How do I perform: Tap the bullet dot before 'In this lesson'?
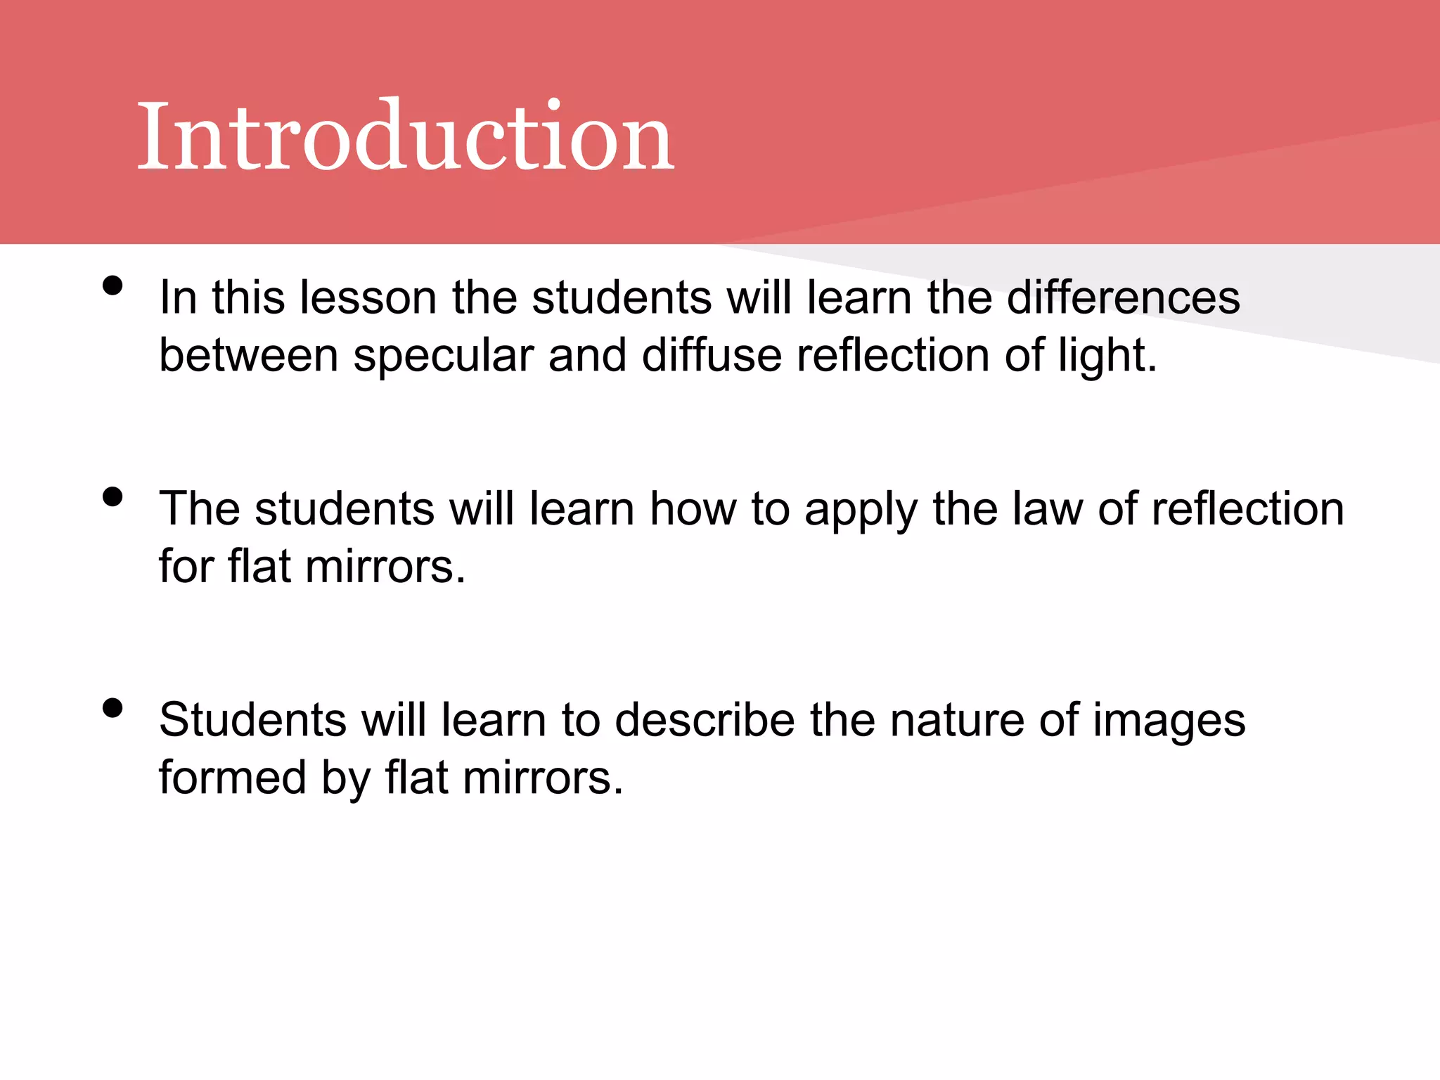tap(112, 285)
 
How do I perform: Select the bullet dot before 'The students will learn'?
tap(112, 496)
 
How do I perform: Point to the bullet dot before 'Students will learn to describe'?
tap(112, 707)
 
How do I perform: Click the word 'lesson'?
tap(368, 297)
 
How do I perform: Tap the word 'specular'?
tap(443, 355)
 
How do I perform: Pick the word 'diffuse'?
tap(711, 355)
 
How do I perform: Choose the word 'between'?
tap(249, 355)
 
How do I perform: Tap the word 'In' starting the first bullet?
tap(178, 297)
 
